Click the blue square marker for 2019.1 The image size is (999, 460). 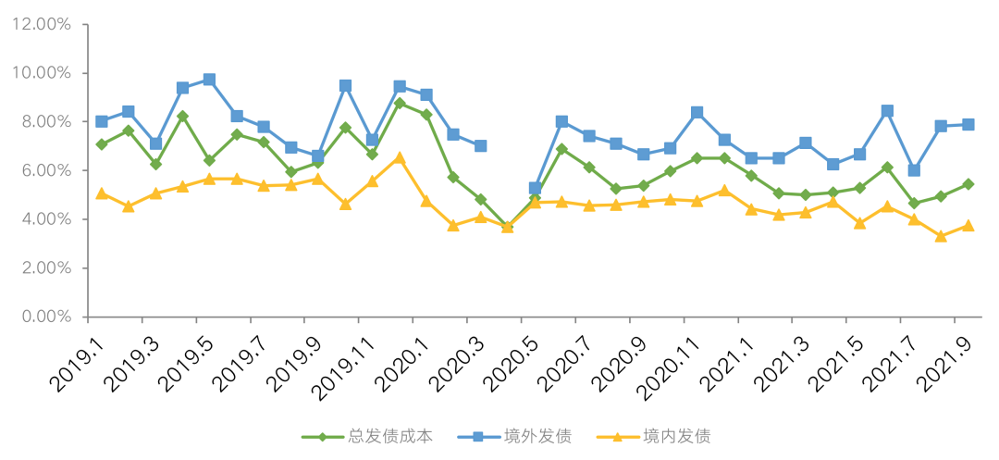101,121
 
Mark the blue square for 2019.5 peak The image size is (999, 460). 209,80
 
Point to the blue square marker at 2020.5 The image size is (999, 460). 535,188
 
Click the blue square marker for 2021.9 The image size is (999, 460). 968,124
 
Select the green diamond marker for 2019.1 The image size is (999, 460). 101,144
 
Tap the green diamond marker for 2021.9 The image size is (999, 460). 968,184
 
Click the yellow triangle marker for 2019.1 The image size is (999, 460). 101,193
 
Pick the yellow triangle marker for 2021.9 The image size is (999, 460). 968,225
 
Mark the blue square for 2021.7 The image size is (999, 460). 914,170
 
